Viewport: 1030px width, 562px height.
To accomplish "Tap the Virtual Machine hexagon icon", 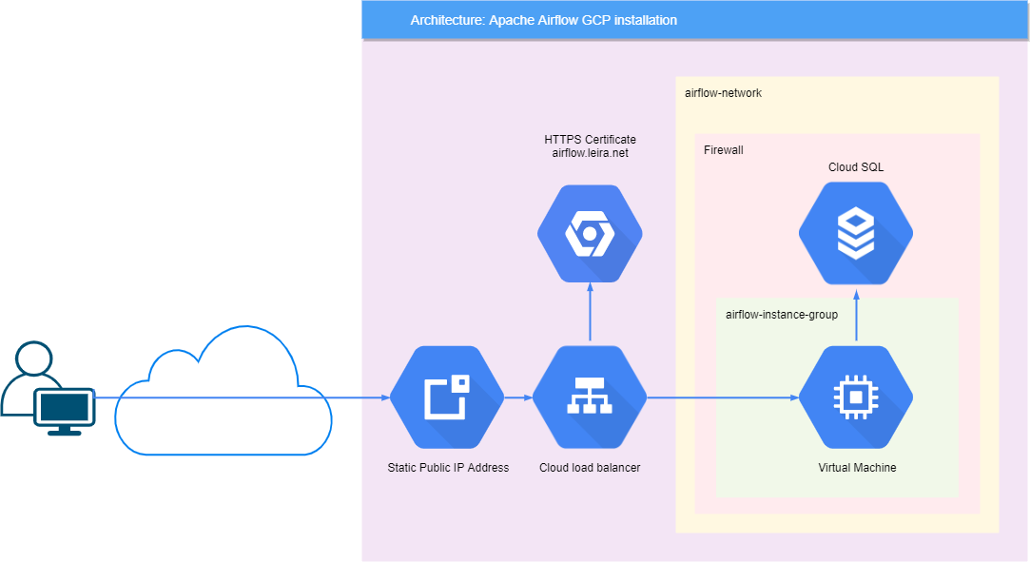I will tap(856, 397).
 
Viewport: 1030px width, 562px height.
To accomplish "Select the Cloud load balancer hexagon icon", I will tap(590, 397).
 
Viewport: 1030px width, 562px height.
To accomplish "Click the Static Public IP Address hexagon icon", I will tap(447, 397).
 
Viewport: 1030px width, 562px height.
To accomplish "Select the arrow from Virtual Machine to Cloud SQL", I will tap(856, 316).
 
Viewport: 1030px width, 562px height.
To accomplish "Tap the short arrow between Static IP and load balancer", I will tap(517, 397).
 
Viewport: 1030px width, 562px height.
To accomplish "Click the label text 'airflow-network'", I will tap(723, 93).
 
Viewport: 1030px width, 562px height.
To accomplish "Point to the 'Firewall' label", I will tap(723, 150).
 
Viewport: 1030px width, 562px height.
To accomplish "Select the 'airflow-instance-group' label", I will tap(781, 315).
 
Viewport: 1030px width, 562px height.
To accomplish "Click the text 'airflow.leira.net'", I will tap(590, 153).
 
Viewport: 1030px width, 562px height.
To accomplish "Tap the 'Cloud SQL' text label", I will tap(856, 167).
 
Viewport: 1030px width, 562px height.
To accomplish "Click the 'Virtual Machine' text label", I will tap(857, 468).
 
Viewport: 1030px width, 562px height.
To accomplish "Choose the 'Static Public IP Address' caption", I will tap(448, 468).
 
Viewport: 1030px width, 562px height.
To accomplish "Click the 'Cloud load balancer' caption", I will tap(590, 468).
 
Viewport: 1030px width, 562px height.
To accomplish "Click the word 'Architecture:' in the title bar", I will tap(447, 20).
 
